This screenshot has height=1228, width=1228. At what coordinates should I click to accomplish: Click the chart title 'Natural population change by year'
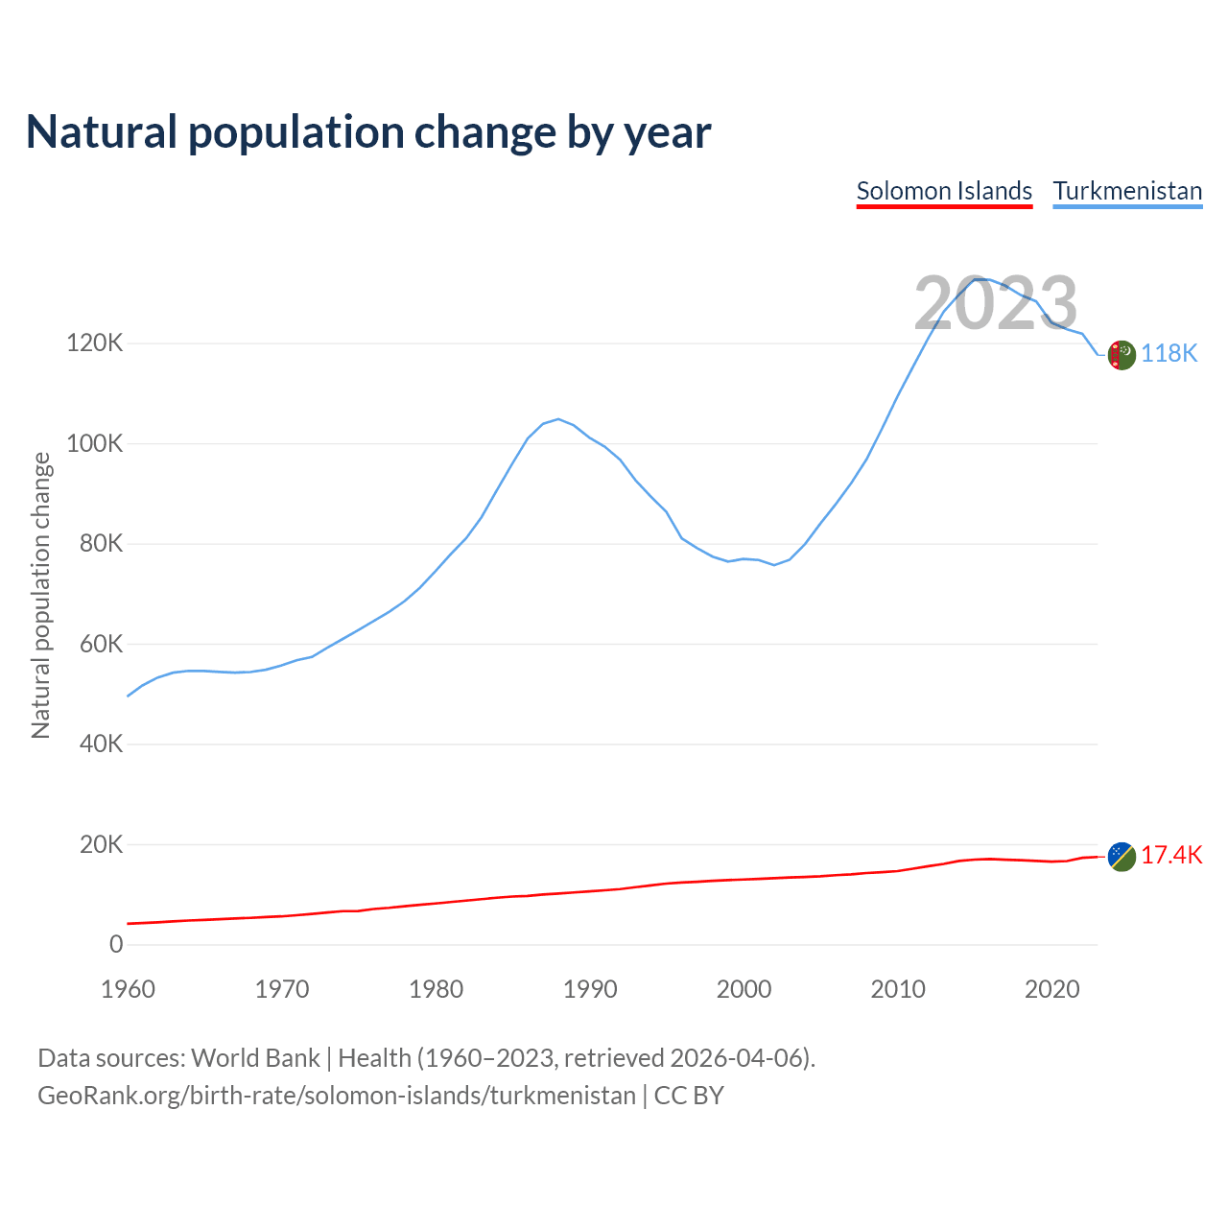pos(368,132)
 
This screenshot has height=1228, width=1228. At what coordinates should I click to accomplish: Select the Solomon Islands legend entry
pos(944,191)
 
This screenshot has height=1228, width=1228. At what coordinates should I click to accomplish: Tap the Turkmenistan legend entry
pos(1127,191)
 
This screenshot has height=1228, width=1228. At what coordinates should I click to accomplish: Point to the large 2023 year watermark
pos(996,304)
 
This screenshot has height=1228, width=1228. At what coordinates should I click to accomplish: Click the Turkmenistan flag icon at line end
pos(1122,355)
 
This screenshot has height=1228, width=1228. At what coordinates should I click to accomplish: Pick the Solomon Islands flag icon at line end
pos(1122,856)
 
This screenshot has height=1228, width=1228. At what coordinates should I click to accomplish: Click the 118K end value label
pos(1169,354)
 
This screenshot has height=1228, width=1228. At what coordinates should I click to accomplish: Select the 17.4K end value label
pos(1171,855)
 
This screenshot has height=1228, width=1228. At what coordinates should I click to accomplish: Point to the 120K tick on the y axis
pos(95,342)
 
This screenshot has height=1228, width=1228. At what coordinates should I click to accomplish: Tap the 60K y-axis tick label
pos(101,644)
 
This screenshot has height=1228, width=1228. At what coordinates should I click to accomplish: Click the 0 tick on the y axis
pos(116,944)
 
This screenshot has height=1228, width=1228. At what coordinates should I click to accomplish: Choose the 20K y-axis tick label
pos(101,844)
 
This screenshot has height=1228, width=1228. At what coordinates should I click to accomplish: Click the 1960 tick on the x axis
pos(128,989)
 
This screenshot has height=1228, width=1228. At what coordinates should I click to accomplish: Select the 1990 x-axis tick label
pos(590,989)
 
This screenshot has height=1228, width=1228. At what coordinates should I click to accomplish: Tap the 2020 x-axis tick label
pos(1052,989)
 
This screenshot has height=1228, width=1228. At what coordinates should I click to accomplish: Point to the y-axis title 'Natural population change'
pos(41,596)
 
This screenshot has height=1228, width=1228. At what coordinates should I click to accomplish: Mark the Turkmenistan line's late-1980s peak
pos(558,418)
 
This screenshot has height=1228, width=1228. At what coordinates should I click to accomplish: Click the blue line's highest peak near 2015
pos(979,278)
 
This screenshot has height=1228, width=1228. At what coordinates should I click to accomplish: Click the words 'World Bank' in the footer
pos(255,1058)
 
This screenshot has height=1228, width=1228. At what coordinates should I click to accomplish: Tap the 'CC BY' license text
pos(689,1096)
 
